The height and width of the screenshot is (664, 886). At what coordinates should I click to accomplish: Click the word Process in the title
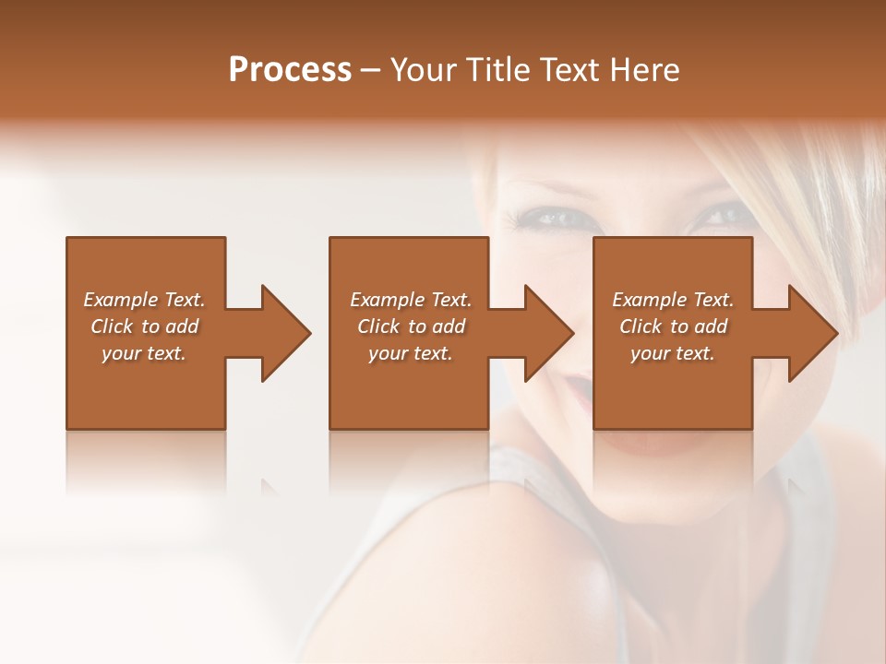click(x=290, y=70)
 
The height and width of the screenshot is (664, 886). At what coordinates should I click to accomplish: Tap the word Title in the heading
click(x=497, y=70)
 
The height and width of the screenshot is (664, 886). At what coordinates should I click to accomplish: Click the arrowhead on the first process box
click(x=285, y=333)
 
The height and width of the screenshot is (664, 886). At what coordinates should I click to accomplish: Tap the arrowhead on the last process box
click(x=812, y=333)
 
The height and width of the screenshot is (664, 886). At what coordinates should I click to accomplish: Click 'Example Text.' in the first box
click(x=144, y=300)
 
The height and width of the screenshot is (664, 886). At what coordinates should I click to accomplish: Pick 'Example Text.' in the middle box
click(x=410, y=300)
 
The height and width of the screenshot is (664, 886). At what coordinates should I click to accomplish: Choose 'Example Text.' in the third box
click(x=673, y=300)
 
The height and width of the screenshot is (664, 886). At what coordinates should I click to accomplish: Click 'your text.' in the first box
click(x=144, y=353)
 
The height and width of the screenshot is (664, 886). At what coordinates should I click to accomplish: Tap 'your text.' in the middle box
click(x=410, y=353)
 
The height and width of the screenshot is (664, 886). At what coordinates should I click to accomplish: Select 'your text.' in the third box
click(x=673, y=353)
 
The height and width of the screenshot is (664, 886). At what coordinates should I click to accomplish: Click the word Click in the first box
click(x=112, y=326)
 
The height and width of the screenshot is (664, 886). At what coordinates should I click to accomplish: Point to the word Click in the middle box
click(x=378, y=326)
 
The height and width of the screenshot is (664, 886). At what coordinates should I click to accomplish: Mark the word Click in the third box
click(x=641, y=326)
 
